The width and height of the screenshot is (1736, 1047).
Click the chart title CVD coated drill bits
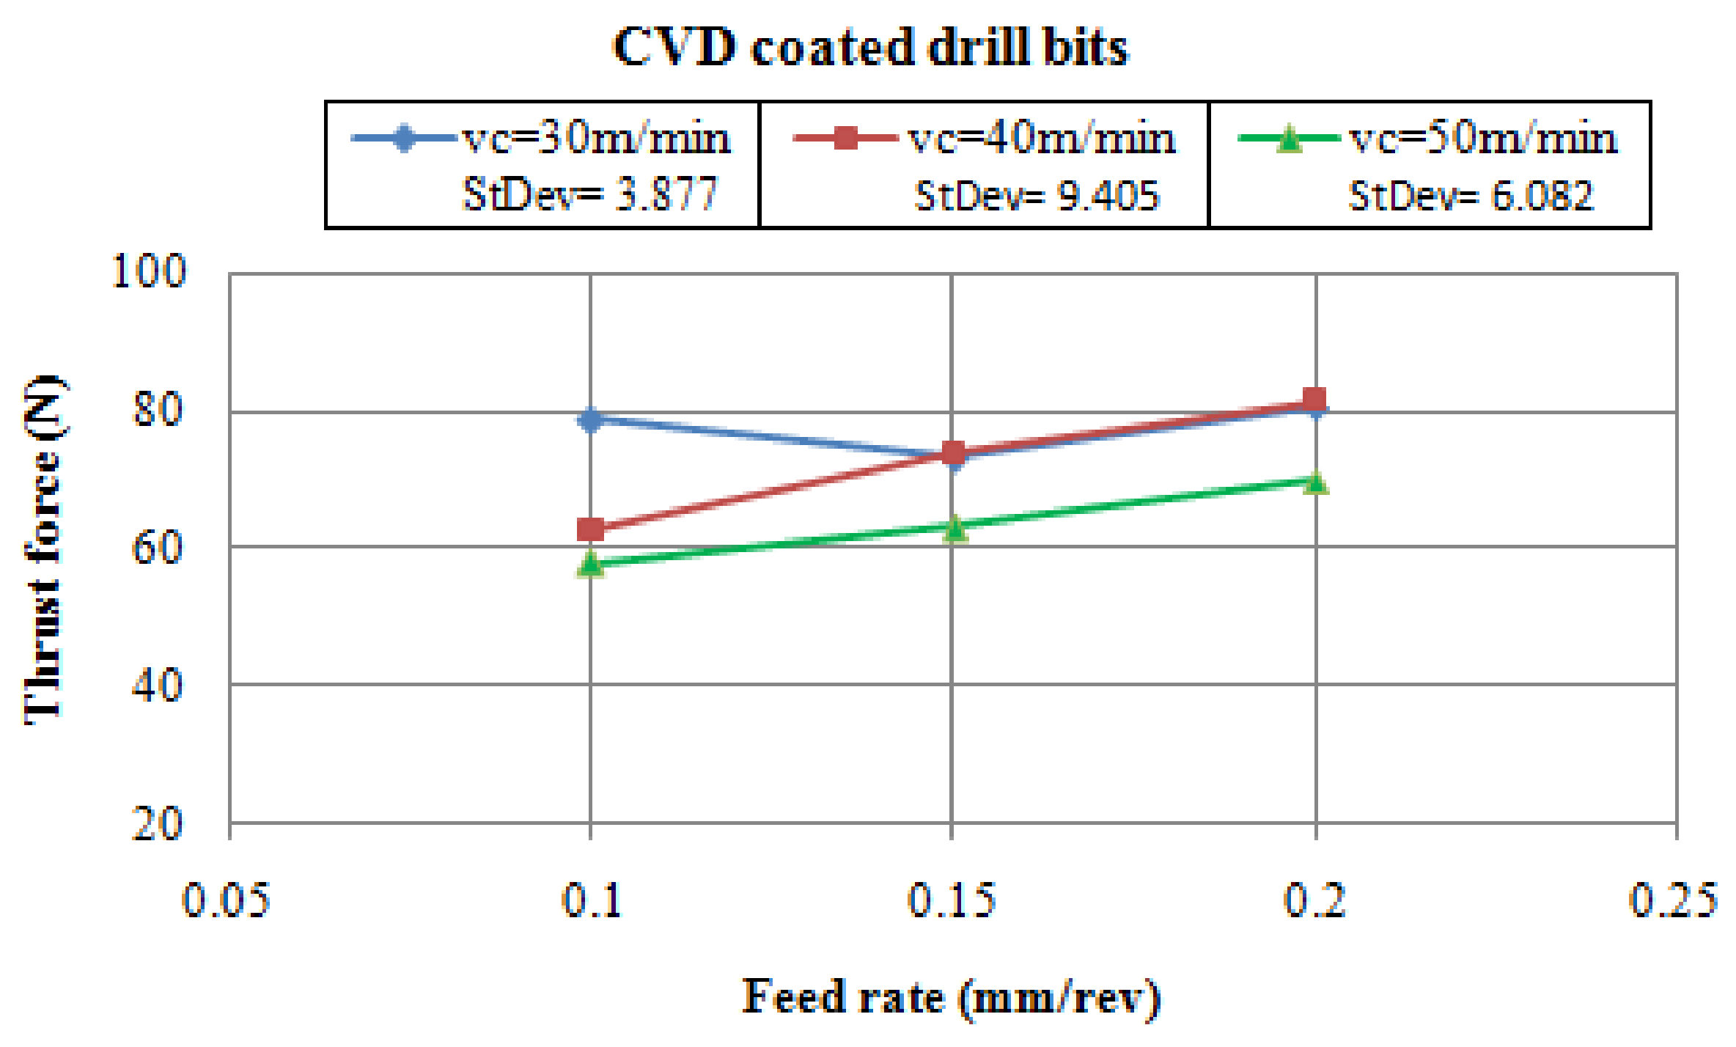pos(870,47)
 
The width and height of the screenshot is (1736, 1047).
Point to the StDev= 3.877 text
pos(589,195)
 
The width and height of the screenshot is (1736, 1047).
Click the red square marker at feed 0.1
pos(590,529)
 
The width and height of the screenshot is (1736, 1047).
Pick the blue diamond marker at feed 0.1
pos(590,419)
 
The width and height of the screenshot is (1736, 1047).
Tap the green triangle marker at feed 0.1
pos(590,564)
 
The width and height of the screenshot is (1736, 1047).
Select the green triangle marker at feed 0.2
pos(1316,482)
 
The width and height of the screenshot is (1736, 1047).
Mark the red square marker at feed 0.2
pos(1314,400)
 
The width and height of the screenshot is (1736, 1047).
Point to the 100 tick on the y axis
pos(148,271)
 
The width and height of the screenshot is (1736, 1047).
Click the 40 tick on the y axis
pos(156,686)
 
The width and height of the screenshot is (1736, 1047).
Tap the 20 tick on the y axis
pos(156,823)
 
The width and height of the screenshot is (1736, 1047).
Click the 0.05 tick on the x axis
pos(226,900)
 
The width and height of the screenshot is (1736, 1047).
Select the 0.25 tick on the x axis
pos(1673,900)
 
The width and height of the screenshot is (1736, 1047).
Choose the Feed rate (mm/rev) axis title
pos(951,997)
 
